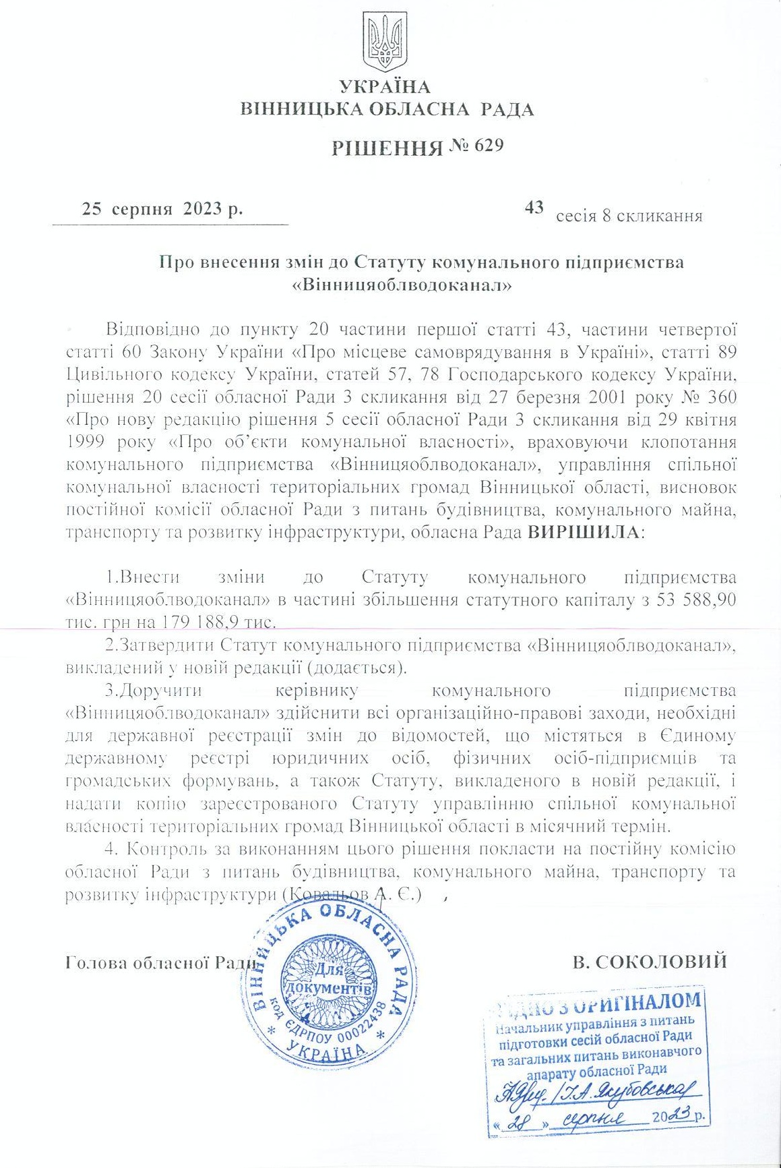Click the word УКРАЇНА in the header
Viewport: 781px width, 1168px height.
coord(385,87)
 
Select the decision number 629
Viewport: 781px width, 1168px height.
coord(489,146)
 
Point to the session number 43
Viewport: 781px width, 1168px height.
coord(534,208)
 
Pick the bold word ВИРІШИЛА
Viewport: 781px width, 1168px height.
coord(583,533)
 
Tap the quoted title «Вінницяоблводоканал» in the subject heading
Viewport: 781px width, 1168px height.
coord(402,285)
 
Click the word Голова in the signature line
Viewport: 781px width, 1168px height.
coord(95,962)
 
